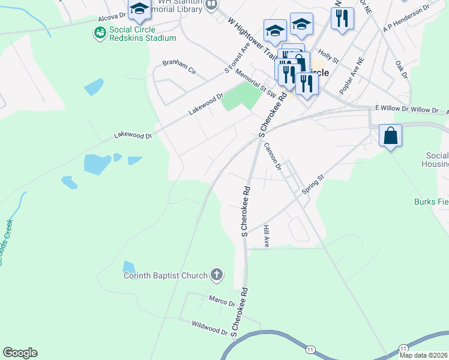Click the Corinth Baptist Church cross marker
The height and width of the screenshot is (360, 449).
(217, 275)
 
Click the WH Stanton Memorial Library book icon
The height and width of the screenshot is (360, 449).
(211, 5)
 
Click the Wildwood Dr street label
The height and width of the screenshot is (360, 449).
(209, 328)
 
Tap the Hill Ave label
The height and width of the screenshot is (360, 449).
(267, 236)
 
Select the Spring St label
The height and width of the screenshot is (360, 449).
(313, 184)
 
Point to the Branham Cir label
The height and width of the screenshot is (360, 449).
(179, 67)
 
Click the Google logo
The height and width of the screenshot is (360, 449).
(20, 353)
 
